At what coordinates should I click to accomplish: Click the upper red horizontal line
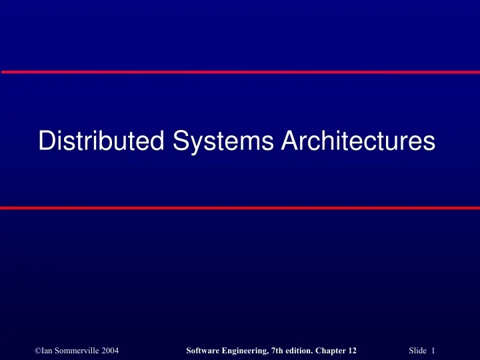coord(240,71)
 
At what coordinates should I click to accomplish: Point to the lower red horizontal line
coord(240,208)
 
